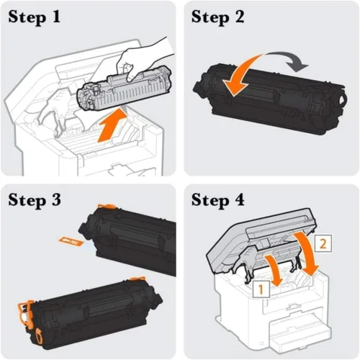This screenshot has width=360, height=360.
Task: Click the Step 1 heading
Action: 34,17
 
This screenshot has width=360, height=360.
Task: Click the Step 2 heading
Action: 217,17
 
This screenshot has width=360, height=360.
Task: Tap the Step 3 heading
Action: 35,200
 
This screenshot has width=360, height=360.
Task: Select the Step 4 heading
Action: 218,200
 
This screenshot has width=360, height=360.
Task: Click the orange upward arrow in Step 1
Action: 113,125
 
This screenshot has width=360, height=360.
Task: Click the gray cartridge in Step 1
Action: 124,89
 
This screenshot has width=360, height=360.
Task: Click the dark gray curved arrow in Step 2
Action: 288,60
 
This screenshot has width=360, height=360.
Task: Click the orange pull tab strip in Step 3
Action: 71,241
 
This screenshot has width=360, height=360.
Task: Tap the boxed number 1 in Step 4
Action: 261,289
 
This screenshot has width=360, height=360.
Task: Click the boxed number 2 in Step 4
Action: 323,243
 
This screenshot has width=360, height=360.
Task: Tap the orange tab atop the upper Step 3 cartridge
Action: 107,206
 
